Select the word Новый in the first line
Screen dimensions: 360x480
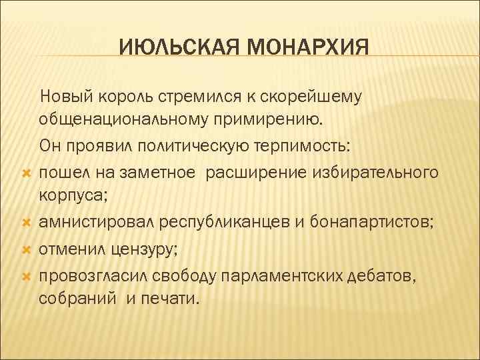tap(63, 97)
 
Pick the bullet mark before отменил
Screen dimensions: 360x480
tap(25, 249)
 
